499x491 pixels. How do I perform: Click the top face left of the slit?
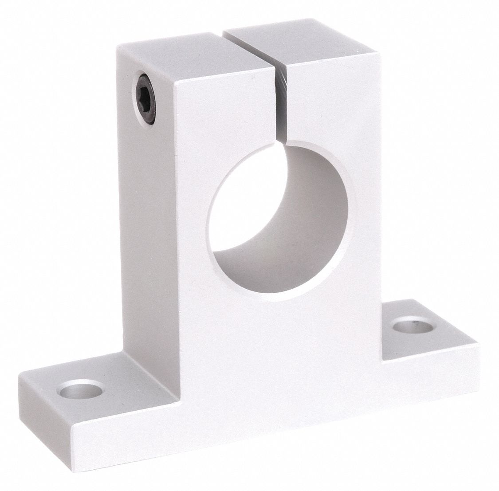(195, 51)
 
